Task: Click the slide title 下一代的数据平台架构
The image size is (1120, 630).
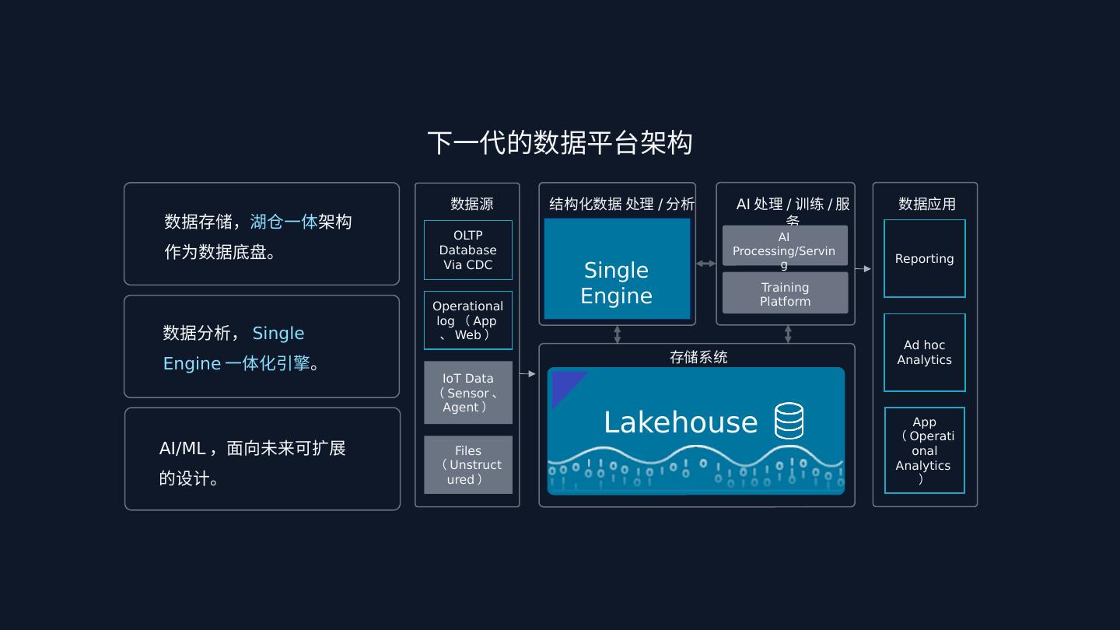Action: pos(559,143)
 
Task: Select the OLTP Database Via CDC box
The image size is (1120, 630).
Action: pos(468,250)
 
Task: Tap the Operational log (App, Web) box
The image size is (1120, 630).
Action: pos(468,320)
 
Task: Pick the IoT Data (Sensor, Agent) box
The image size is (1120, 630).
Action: pos(468,393)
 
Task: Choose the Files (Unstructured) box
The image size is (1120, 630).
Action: pos(468,465)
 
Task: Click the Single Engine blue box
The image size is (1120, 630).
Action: pos(617,269)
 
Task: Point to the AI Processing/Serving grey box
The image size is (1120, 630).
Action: pos(785,246)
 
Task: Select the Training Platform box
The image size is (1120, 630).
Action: pos(785,293)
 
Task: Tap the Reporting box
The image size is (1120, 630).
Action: pos(924,258)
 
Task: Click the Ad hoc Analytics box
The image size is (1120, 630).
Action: pos(924,352)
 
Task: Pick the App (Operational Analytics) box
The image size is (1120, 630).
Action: pos(924,450)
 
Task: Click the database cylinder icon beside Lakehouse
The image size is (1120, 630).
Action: pos(789,421)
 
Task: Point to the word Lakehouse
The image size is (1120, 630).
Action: pos(681,422)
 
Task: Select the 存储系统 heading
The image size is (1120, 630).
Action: pos(698,357)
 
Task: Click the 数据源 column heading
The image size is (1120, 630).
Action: pos(471,204)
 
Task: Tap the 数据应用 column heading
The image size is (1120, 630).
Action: pos(926,204)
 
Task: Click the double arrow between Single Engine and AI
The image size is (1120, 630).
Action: pos(705,264)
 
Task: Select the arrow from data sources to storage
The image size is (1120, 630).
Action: pos(528,374)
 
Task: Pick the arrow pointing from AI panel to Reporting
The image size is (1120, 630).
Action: pos(863,269)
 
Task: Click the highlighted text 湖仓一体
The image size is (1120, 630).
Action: pos(283,222)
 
